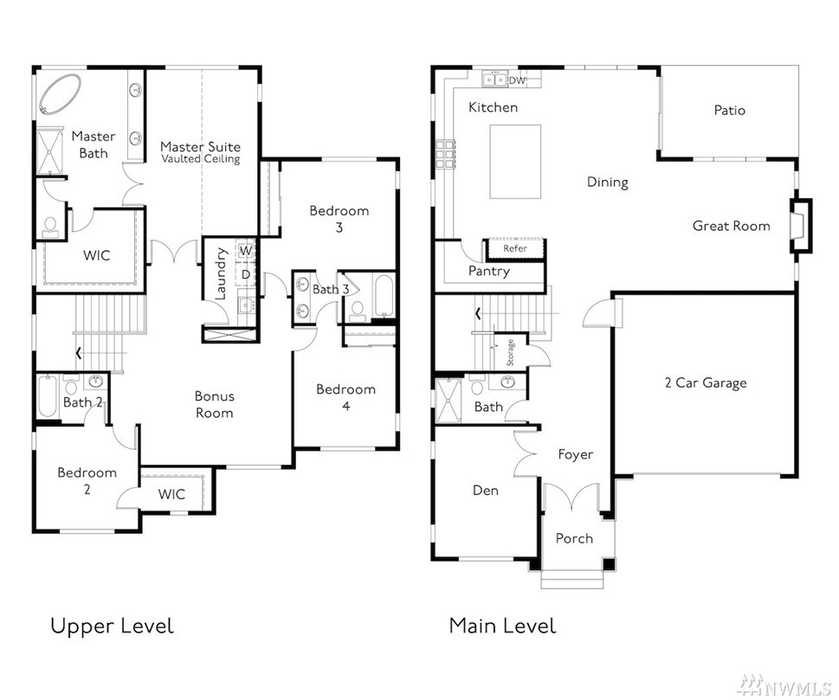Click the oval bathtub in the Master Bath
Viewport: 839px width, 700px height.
point(60,94)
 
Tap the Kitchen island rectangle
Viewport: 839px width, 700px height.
point(515,162)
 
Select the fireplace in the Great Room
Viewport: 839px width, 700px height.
point(801,225)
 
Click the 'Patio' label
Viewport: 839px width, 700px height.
point(729,110)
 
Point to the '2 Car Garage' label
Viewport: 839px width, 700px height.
point(706,383)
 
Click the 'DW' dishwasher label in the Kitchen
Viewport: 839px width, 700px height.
point(517,80)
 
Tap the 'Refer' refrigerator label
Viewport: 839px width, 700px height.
point(515,248)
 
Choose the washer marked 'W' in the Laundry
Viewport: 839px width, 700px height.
point(246,250)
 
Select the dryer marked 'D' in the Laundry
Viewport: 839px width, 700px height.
point(246,275)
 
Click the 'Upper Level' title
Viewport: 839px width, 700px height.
point(112,626)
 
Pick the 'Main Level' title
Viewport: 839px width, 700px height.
point(502,626)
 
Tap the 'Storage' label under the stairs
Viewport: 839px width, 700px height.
point(511,352)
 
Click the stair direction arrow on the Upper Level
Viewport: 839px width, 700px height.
point(79,354)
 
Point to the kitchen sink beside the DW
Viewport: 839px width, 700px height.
point(494,80)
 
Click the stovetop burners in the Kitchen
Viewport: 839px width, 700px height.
point(445,155)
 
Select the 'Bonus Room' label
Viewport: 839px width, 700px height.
point(214,404)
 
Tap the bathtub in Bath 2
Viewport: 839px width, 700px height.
point(47,396)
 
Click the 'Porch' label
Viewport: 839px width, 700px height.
point(574,538)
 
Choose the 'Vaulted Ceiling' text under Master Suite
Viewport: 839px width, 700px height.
point(201,159)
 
